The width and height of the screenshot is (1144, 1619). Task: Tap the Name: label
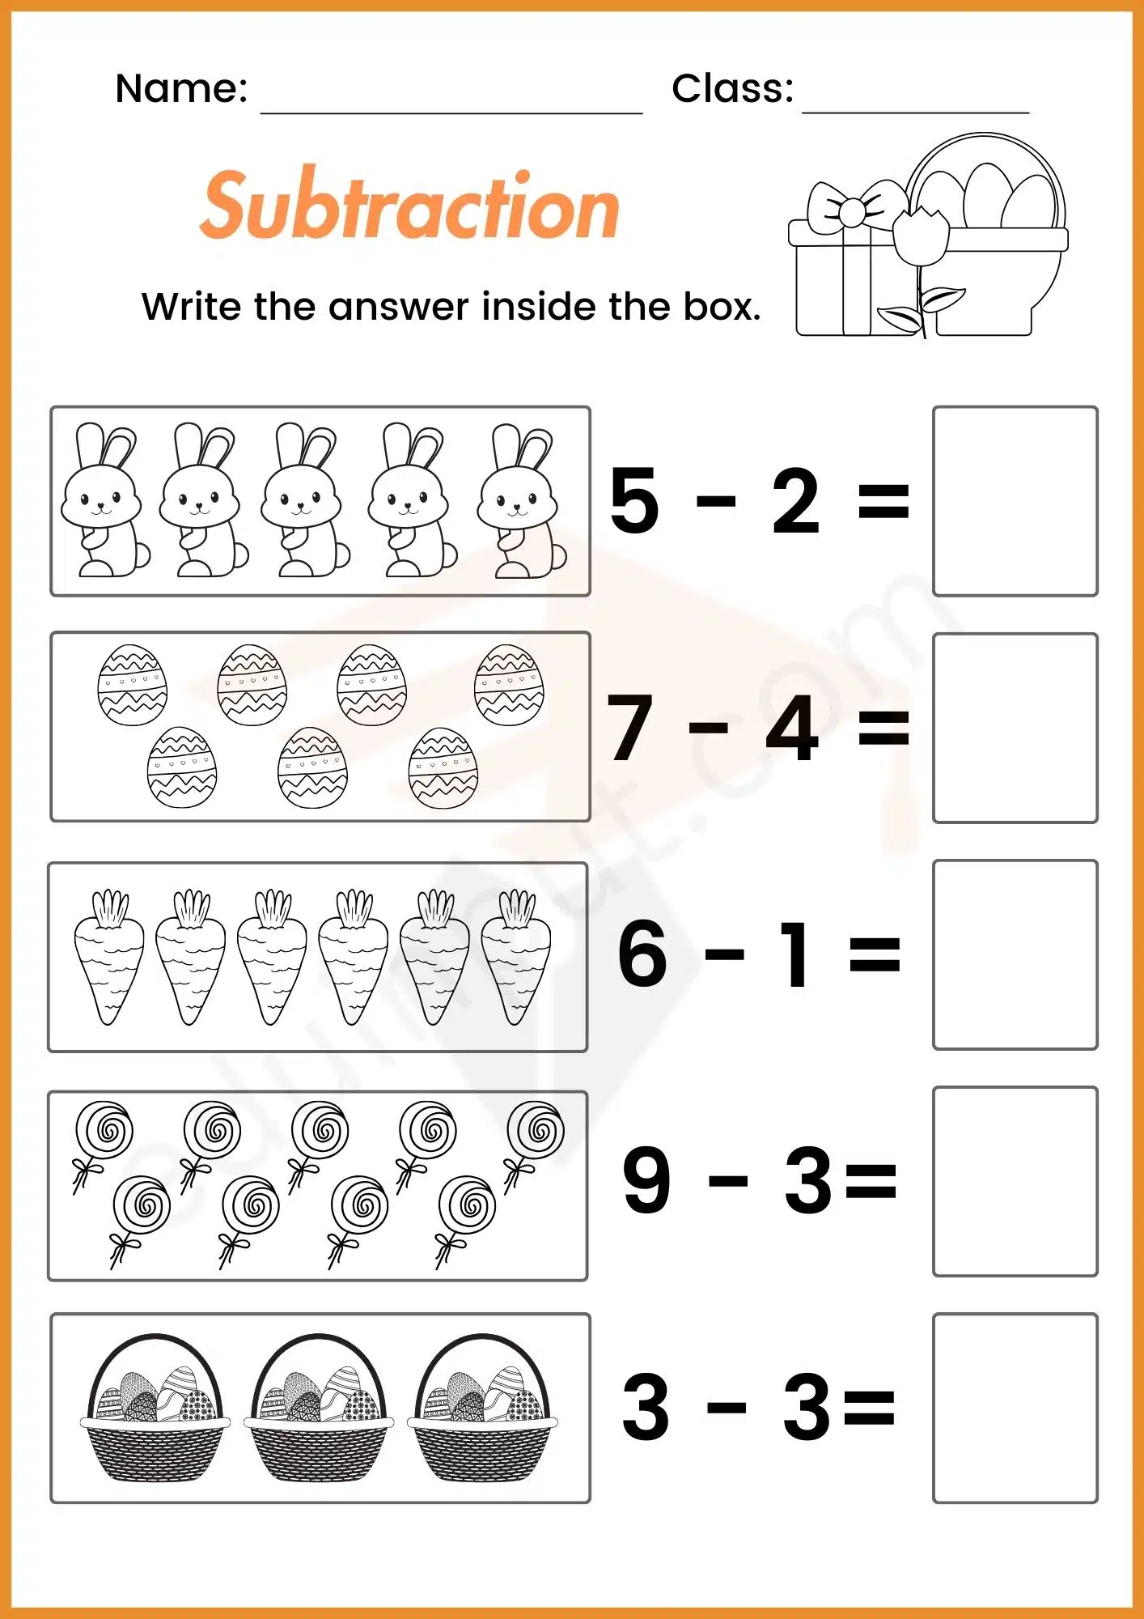tap(181, 88)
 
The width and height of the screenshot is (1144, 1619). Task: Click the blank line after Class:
tap(915, 104)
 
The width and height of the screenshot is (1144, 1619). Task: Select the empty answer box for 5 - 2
tap(1015, 501)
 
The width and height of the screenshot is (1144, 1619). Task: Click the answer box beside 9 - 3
tap(1015, 1181)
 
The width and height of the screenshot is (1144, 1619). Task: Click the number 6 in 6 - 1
tap(642, 954)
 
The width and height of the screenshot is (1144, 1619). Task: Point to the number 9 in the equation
tap(646, 1180)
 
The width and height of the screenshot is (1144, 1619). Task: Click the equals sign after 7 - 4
tap(883, 726)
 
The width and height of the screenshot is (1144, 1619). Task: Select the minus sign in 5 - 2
tap(715, 501)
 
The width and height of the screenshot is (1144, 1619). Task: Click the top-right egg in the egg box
tap(509, 685)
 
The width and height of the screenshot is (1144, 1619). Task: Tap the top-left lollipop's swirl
tap(104, 1129)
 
